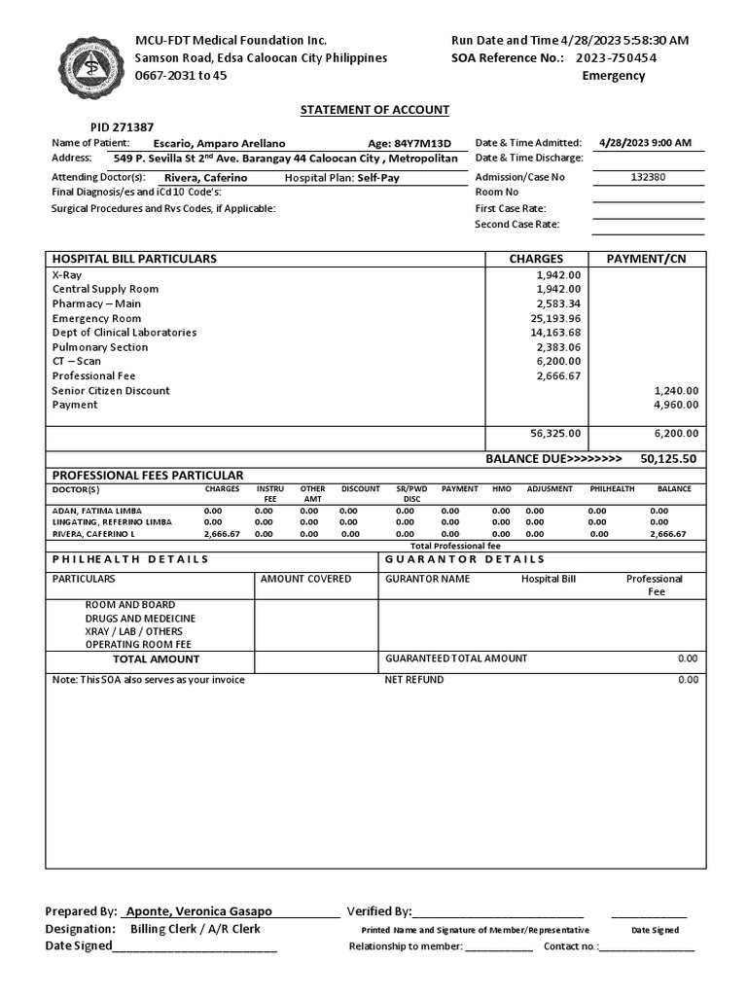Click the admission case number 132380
[649, 177]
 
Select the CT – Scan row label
[77, 361]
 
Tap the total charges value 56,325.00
[557, 434]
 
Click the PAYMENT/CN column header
[646, 259]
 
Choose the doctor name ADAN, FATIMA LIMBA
[97, 511]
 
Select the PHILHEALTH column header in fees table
[613, 488]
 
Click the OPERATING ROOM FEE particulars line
[138, 644]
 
